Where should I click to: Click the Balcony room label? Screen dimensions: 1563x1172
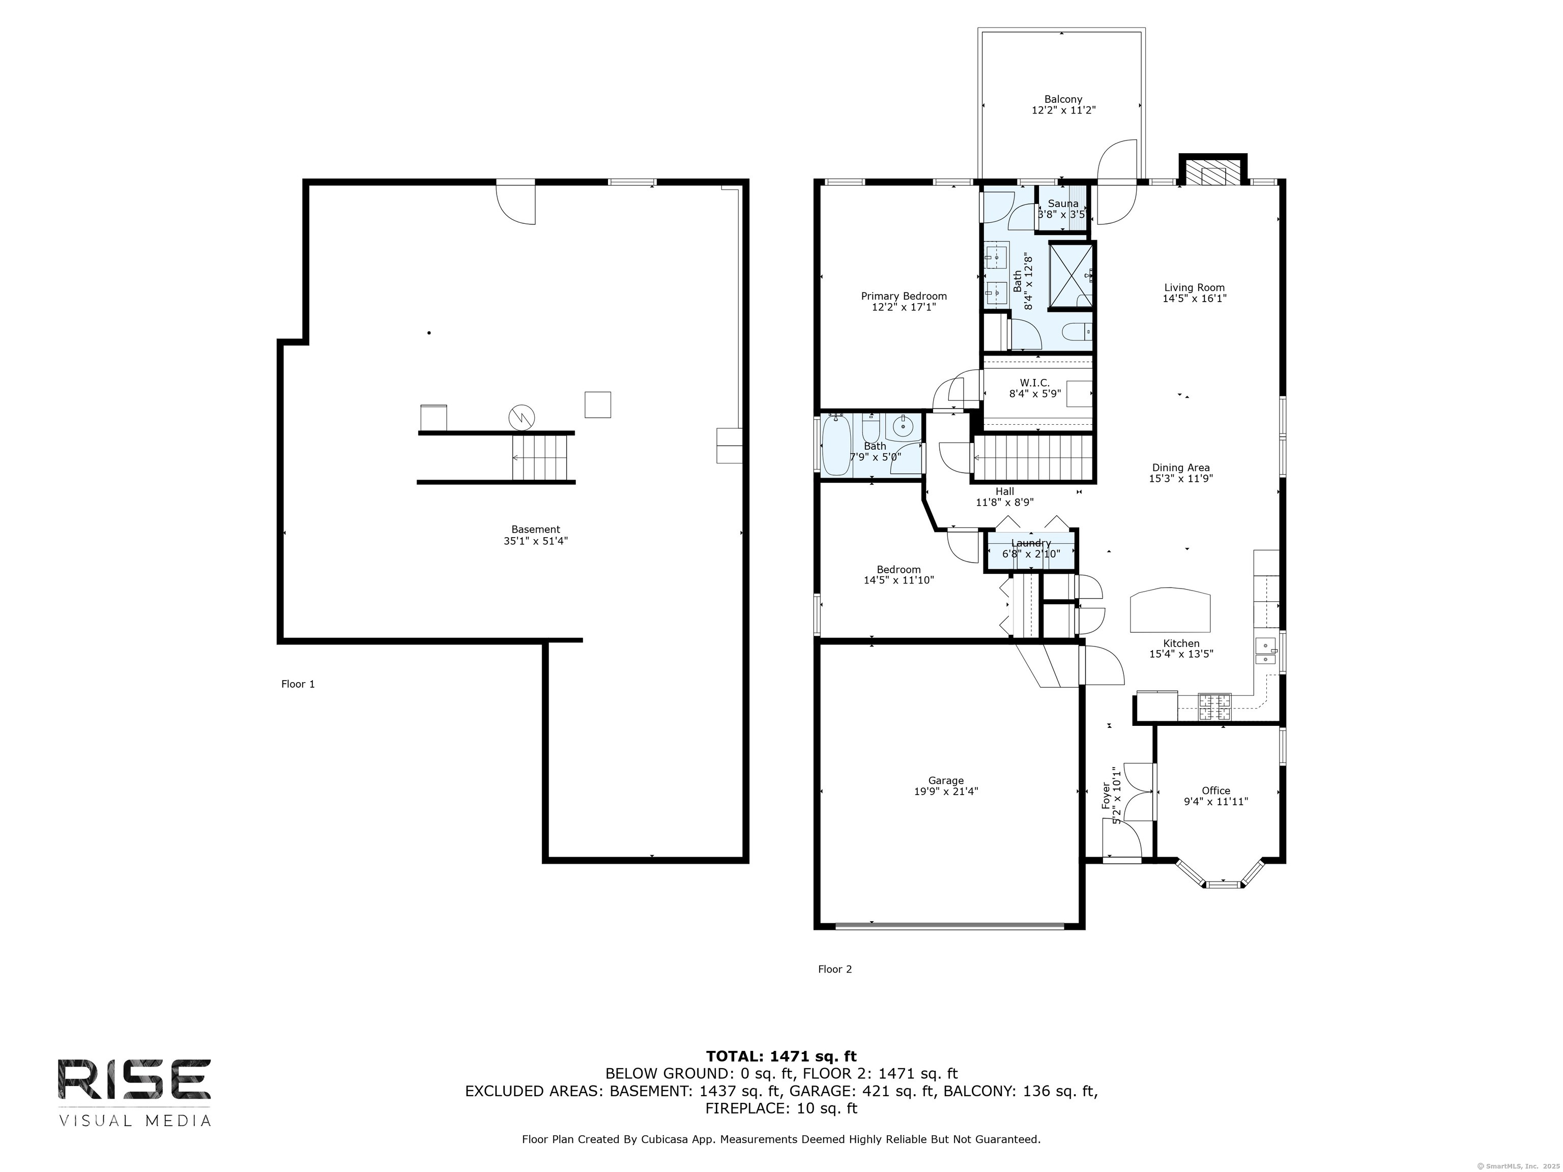[x=1063, y=100]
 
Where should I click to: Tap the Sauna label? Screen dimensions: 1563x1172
[x=1063, y=203]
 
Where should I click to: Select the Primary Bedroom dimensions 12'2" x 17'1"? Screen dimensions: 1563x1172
[x=904, y=307]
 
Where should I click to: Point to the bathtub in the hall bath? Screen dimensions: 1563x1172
[x=837, y=446]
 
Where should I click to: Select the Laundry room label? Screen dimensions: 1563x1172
[x=1031, y=543]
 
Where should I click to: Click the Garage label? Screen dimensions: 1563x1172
[x=946, y=781]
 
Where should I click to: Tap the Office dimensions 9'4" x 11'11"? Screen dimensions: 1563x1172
[x=1216, y=802]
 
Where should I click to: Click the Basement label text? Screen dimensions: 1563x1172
[x=536, y=529]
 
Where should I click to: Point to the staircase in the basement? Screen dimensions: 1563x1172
[x=540, y=457]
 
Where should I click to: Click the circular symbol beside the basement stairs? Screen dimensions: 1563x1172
[x=522, y=418]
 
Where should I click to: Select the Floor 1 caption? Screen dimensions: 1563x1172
[x=298, y=684]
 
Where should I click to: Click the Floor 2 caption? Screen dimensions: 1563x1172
[x=835, y=969]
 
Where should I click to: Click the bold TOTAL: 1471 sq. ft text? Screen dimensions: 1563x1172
[x=781, y=1057]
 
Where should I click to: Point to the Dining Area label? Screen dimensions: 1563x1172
[x=1181, y=467]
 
